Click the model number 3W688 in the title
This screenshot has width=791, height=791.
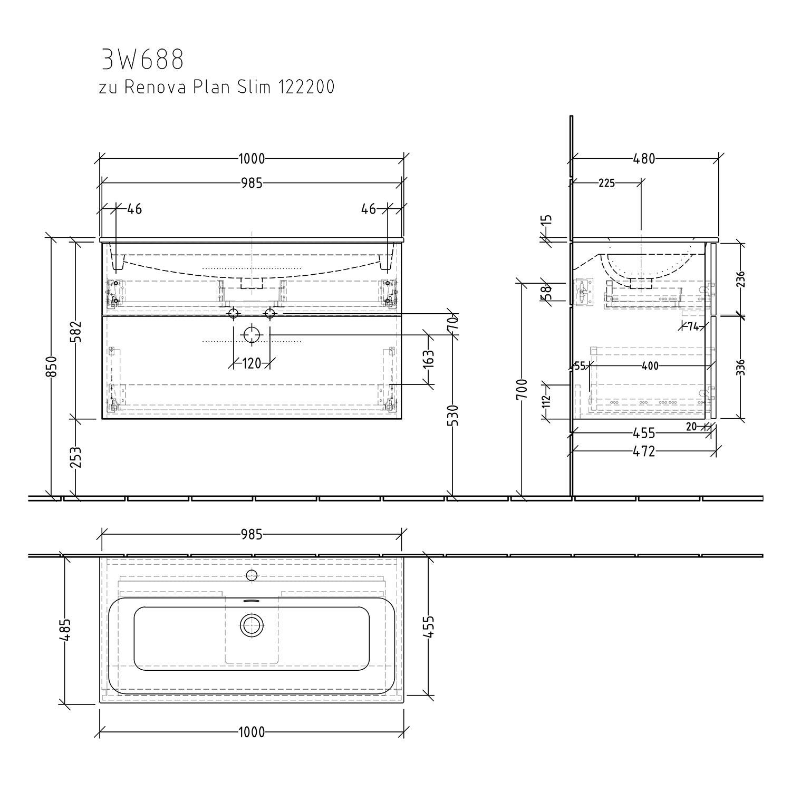[142, 60]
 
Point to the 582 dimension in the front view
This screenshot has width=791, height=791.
[76, 331]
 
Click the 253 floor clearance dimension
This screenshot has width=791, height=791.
[76, 457]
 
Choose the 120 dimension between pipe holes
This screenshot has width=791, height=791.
[252, 363]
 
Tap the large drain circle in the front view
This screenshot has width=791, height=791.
[252, 335]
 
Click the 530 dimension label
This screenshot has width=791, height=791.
[454, 415]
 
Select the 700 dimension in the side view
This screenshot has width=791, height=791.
[523, 390]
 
